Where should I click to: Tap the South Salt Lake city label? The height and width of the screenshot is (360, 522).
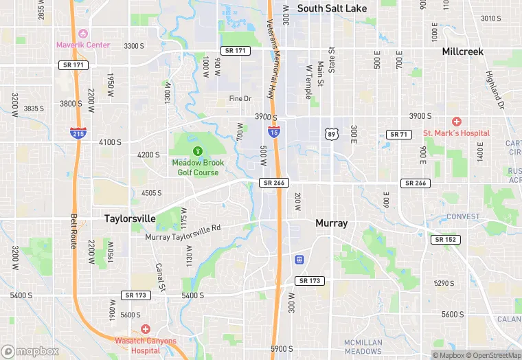pyautogui.click(x=332, y=8)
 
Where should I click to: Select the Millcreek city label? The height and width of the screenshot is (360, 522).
pyautogui.click(x=462, y=52)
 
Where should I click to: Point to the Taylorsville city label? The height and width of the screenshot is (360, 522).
pyautogui.click(x=130, y=218)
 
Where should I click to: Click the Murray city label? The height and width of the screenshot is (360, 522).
pyautogui.click(x=331, y=223)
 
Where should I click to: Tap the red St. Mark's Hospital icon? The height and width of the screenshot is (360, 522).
pyautogui.click(x=456, y=122)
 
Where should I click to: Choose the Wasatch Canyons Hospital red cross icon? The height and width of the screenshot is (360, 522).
pyautogui.click(x=144, y=329)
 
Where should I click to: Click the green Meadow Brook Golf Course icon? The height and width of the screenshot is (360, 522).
pyautogui.click(x=198, y=150)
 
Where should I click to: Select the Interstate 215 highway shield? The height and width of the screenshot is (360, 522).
pyautogui.click(x=78, y=133)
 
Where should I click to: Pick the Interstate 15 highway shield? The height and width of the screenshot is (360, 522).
pyautogui.click(x=273, y=131)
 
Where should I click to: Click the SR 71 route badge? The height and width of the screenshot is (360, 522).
pyautogui.click(x=398, y=134)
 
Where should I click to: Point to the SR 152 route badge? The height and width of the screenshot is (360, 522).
pyautogui.click(x=446, y=240)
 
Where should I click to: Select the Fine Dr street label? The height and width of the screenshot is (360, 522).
pyautogui.click(x=240, y=99)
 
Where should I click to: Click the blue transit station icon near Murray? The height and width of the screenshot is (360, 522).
pyautogui.click(x=299, y=260)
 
